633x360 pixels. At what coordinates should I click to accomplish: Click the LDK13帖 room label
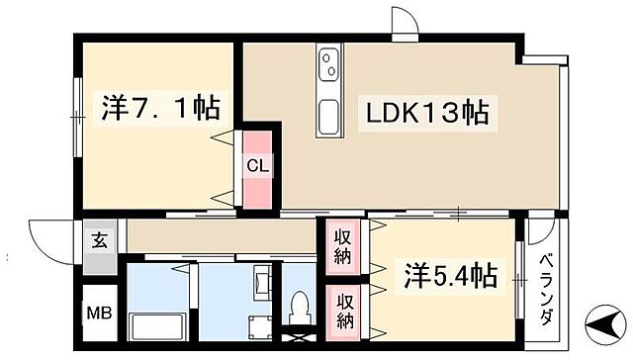point(414,112)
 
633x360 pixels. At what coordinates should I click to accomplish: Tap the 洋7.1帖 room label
point(159,106)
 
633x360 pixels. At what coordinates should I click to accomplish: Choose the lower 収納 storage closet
point(342,310)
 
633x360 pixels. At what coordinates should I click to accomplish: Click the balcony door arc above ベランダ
point(539,234)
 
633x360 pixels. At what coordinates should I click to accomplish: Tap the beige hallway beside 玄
point(218,237)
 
